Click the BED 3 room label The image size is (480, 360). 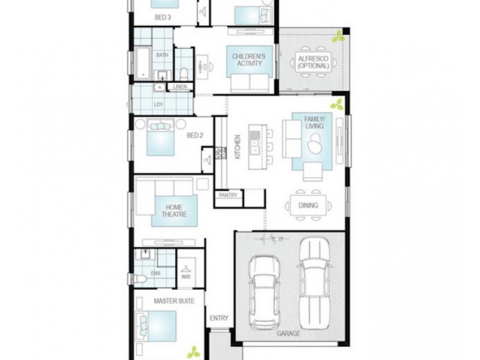(x=163, y=18)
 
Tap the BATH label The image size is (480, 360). (x=163, y=55)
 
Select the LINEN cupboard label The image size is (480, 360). (x=180, y=87)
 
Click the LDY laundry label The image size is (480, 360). (x=158, y=104)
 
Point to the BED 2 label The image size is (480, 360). (x=195, y=136)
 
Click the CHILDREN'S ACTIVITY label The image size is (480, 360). (x=249, y=60)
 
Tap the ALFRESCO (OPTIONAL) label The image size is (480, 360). (x=313, y=62)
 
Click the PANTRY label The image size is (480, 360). (x=228, y=195)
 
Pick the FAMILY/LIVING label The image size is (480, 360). (x=314, y=123)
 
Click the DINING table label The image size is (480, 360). (x=308, y=206)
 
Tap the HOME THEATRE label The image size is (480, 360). (x=173, y=211)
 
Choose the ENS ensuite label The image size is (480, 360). (x=155, y=274)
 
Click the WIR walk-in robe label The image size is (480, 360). (x=186, y=277)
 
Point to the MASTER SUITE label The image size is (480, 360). (x=174, y=301)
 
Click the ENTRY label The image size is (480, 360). (x=219, y=318)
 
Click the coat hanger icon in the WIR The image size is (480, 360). (x=187, y=268)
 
